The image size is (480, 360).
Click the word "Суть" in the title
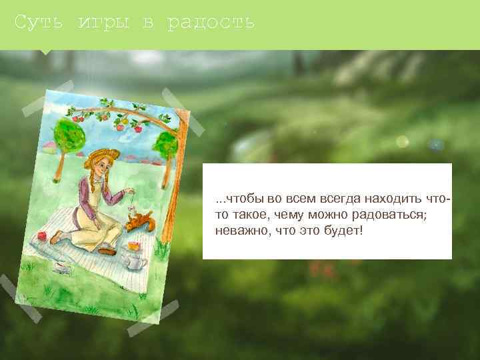(x=39, y=23)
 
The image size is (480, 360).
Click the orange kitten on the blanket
(x=141, y=219)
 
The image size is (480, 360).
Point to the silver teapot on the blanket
(x=136, y=262)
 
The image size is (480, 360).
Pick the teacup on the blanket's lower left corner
(x=61, y=267)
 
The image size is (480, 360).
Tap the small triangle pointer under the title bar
(x=45, y=51)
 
